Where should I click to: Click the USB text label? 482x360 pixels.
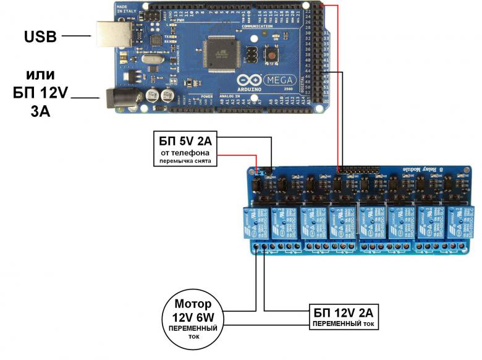(x=41, y=36)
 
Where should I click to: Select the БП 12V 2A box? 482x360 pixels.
(x=343, y=315)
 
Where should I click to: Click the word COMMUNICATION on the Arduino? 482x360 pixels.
(x=258, y=27)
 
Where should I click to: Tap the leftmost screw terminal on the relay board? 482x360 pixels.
(x=256, y=248)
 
